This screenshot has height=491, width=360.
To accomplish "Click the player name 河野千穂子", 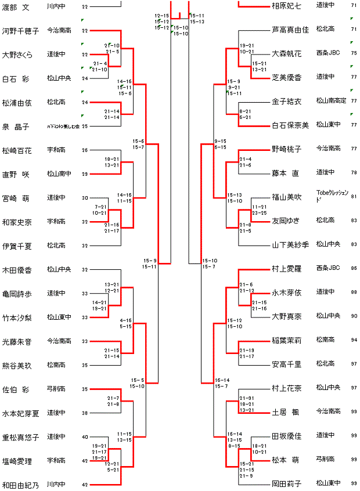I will [20, 31].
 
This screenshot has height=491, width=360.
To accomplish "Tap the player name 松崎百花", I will [17, 150].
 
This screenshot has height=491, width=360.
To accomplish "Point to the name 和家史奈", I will [17, 222].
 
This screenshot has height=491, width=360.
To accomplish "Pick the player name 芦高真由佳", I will [290, 28].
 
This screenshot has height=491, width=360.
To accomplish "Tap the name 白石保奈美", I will [290, 125].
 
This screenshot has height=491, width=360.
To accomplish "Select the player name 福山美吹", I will [287, 197].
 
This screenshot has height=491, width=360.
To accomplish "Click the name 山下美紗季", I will [290, 244].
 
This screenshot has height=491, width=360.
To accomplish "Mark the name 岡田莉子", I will [287, 483].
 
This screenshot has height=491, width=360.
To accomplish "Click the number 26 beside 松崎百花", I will [85, 150].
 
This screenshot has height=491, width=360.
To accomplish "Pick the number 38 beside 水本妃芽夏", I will [85, 414].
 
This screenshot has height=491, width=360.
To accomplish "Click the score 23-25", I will [260, 213].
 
